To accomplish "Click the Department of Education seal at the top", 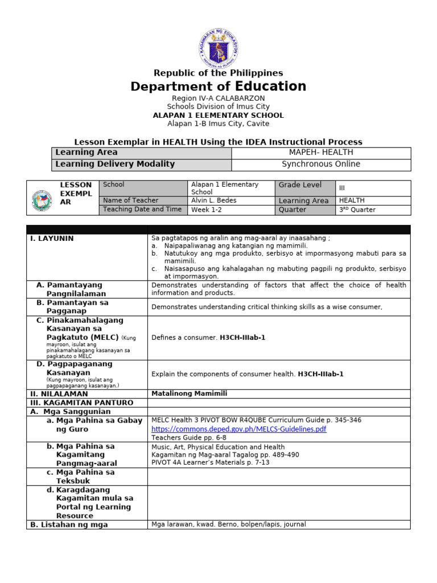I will point(218,48).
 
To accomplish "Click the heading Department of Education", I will point(218,87).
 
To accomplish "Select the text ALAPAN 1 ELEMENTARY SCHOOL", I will point(218,115).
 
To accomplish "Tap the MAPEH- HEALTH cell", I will point(321,153).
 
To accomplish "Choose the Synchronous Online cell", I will point(321,165).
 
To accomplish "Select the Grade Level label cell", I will point(299,185).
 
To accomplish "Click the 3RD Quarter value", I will point(357,210).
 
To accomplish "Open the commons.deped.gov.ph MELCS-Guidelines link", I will point(238,429).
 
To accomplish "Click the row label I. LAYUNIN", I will point(52,239).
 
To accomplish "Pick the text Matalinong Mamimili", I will point(185,393).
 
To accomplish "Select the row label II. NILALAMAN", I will point(59,393).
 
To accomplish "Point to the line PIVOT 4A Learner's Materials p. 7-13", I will point(210,463).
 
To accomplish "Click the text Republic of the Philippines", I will point(218,73).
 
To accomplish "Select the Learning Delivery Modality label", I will point(114,165).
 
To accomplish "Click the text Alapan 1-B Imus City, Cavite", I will point(218,124).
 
